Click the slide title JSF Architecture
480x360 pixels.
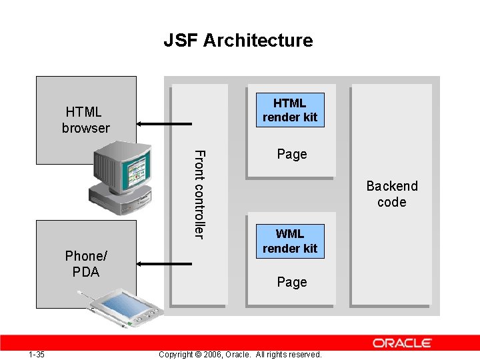238,41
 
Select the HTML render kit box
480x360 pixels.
290,110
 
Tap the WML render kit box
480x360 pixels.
290,241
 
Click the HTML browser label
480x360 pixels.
86,120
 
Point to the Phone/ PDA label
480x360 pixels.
86,264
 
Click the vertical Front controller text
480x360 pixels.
199,194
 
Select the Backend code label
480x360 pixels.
391,194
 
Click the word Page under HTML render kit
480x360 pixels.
292,154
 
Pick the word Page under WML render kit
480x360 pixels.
292,282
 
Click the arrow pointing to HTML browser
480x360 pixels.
163,123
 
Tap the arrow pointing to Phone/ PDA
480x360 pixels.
163,264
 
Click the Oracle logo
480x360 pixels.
402,343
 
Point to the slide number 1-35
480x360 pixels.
37,355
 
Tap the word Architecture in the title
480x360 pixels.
258,41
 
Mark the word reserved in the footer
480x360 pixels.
305,355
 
